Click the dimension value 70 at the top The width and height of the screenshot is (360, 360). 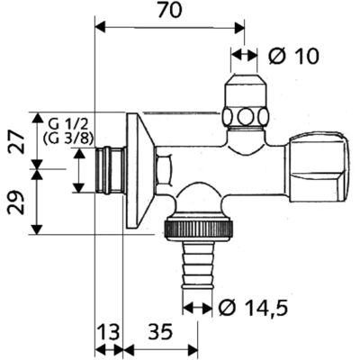170,11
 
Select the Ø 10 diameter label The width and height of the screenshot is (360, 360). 293,57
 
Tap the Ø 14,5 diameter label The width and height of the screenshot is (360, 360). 253,308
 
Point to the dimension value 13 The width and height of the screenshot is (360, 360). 109,332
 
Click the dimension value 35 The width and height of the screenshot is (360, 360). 161,332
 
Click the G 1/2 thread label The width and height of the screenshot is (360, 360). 68,125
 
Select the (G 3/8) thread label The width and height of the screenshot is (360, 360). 68,139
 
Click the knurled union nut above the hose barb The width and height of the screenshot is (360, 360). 198,227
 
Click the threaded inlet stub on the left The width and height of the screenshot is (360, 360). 111,169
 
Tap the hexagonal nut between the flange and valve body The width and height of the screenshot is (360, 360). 164,169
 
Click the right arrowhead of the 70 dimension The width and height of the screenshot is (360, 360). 239,28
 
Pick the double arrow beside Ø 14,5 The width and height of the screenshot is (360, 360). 197,308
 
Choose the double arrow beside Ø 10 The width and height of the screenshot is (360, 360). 244,55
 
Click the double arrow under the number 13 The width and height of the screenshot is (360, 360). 109,350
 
